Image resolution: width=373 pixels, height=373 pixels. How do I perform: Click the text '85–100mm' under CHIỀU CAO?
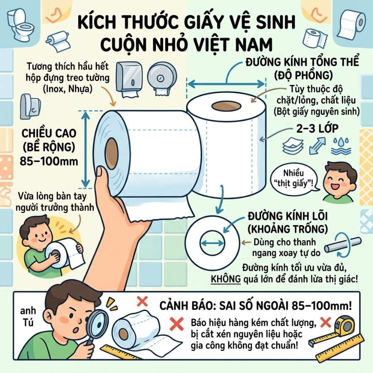[49, 161]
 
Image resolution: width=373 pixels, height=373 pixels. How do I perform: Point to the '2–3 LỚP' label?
[317, 129]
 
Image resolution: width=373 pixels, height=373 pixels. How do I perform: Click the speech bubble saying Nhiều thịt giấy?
[293, 178]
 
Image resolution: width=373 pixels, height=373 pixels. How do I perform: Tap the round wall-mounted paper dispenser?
[162, 78]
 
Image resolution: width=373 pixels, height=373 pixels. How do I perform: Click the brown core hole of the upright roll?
[226, 106]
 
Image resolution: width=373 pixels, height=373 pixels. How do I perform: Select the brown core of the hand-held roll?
[112, 153]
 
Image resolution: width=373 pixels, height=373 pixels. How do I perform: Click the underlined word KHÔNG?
[226, 279]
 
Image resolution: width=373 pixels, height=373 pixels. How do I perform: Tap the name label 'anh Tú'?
[28, 317]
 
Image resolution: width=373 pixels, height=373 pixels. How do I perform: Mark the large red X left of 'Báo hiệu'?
[176, 324]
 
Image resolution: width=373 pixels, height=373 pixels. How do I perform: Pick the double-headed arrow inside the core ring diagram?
[212, 243]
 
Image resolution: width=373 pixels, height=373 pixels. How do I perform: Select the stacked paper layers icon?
[293, 145]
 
